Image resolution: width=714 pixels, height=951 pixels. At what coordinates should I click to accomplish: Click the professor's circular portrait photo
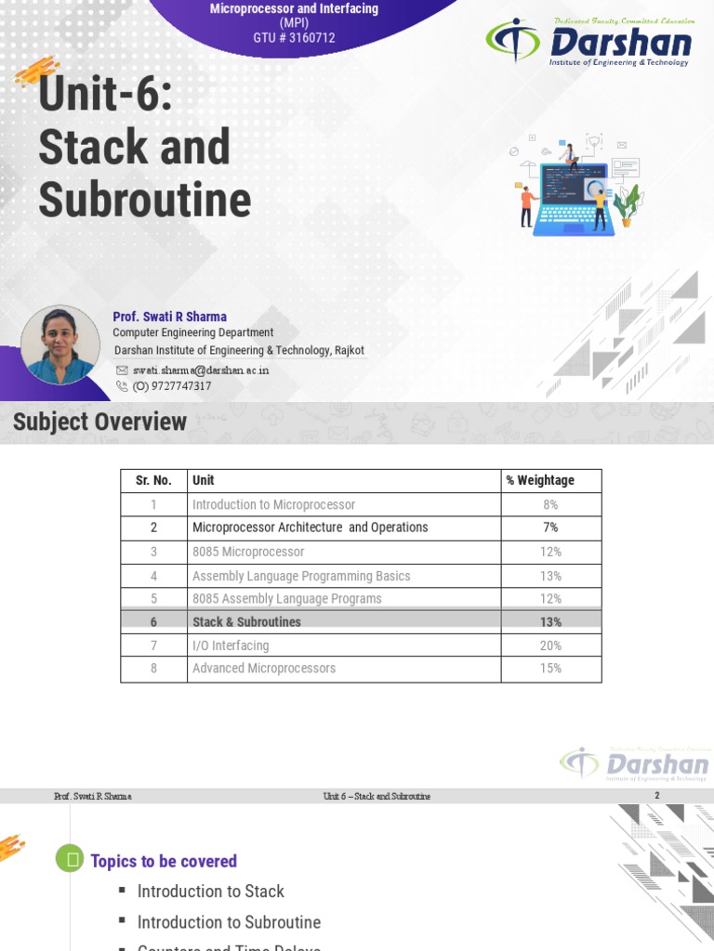60,345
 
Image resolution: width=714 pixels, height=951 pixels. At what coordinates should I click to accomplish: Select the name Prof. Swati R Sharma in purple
169,317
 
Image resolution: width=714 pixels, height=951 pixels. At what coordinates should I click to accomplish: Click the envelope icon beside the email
122,370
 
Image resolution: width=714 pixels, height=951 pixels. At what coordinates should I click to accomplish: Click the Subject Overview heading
99,423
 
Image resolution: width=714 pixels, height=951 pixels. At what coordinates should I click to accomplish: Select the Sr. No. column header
153,480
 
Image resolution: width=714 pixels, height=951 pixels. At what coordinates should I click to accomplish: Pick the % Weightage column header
540,480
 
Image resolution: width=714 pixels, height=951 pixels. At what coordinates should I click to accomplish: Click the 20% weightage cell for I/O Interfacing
550,645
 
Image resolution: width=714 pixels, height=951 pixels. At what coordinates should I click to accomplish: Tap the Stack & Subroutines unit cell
246,622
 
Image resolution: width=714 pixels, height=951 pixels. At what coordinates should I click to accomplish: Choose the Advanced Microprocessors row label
264,669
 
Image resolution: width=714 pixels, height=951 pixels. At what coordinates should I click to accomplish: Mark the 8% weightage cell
550,504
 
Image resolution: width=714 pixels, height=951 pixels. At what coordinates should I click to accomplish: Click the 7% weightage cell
550,528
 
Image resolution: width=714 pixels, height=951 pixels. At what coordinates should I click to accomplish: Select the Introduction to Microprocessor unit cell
273,504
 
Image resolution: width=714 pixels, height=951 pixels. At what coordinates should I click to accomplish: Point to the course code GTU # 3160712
294,38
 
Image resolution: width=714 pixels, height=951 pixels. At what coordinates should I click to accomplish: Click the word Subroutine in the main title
145,199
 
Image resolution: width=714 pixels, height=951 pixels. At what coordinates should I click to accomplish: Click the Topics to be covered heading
164,861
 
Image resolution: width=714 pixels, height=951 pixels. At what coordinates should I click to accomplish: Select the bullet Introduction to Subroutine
229,922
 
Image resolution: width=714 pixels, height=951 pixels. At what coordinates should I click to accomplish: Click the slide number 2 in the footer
657,796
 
